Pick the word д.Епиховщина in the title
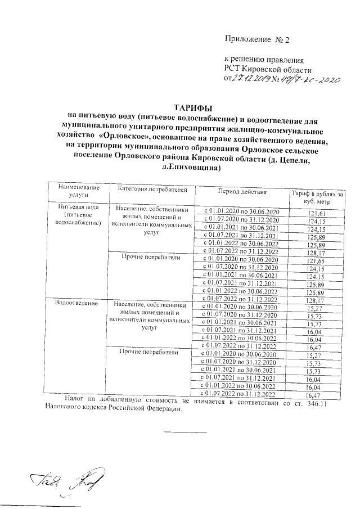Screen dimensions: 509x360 192,168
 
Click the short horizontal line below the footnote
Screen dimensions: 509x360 185,432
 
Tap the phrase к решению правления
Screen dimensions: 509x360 264,59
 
